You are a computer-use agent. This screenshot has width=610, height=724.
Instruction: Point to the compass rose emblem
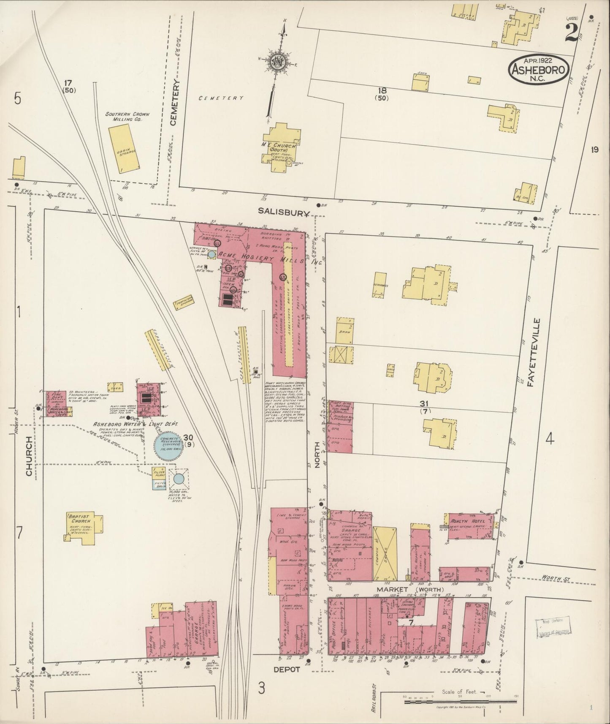coord(279,61)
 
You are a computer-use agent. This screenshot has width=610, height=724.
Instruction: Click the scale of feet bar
coord(460,702)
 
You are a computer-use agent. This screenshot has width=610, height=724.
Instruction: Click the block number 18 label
coord(382,90)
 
